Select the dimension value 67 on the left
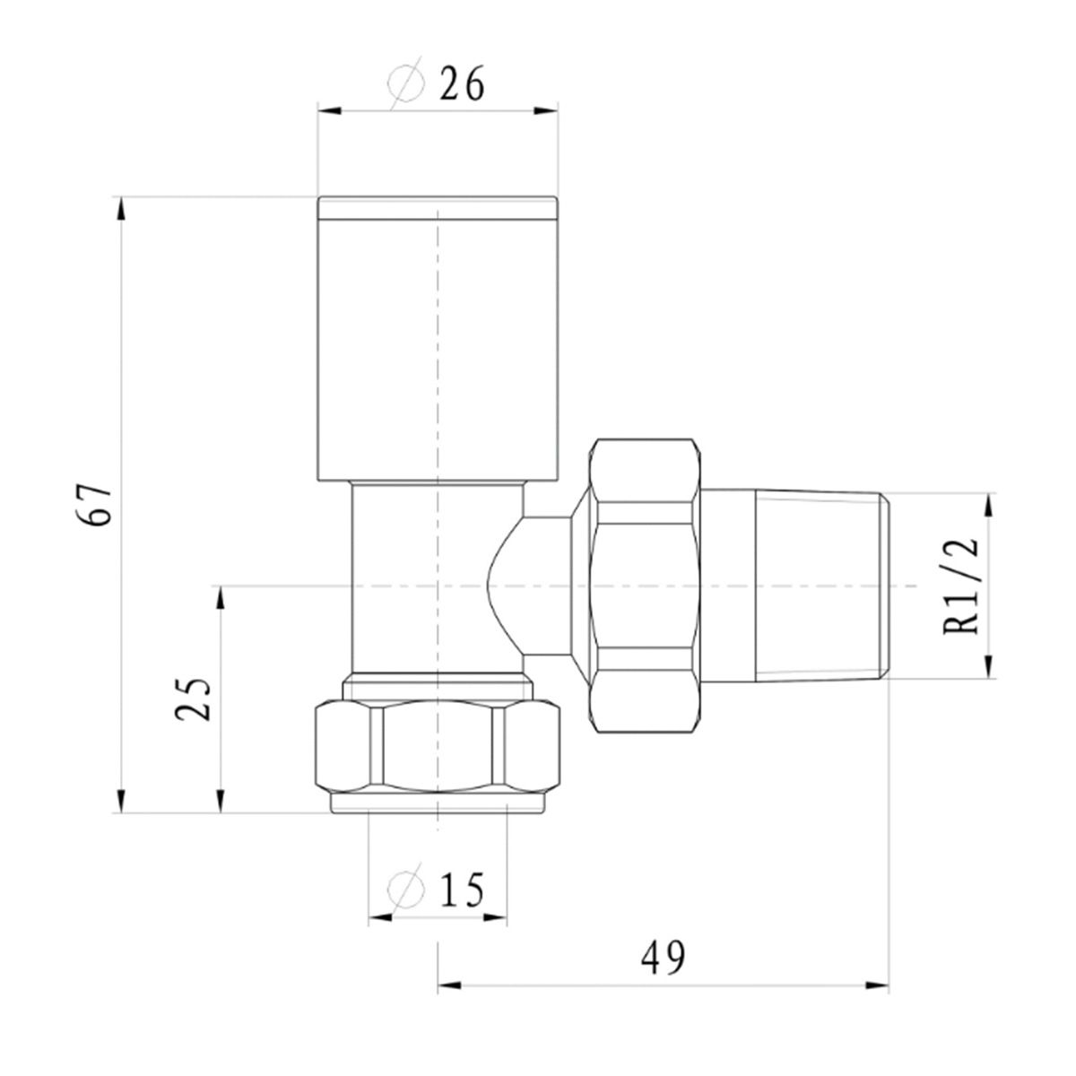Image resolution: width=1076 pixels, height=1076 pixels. click(93, 504)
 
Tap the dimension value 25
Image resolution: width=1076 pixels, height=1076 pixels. click(193, 699)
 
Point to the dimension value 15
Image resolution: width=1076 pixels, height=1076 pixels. click(461, 889)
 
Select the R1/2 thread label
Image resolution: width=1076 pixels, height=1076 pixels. click(959, 586)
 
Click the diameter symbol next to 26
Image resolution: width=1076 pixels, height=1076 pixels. click(406, 83)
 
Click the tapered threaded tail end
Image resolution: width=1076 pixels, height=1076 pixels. click(821, 586)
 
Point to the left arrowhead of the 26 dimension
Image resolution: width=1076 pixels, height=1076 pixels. click(329, 110)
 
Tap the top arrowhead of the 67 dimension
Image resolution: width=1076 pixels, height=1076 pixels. click(121, 209)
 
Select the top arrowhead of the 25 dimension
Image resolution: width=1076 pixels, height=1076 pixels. click(221, 598)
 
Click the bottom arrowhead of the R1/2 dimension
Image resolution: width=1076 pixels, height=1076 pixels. click(989, 667)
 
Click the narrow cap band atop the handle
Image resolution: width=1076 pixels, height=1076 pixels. click(438, 208)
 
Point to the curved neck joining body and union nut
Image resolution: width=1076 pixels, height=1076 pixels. click(531, 586)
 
